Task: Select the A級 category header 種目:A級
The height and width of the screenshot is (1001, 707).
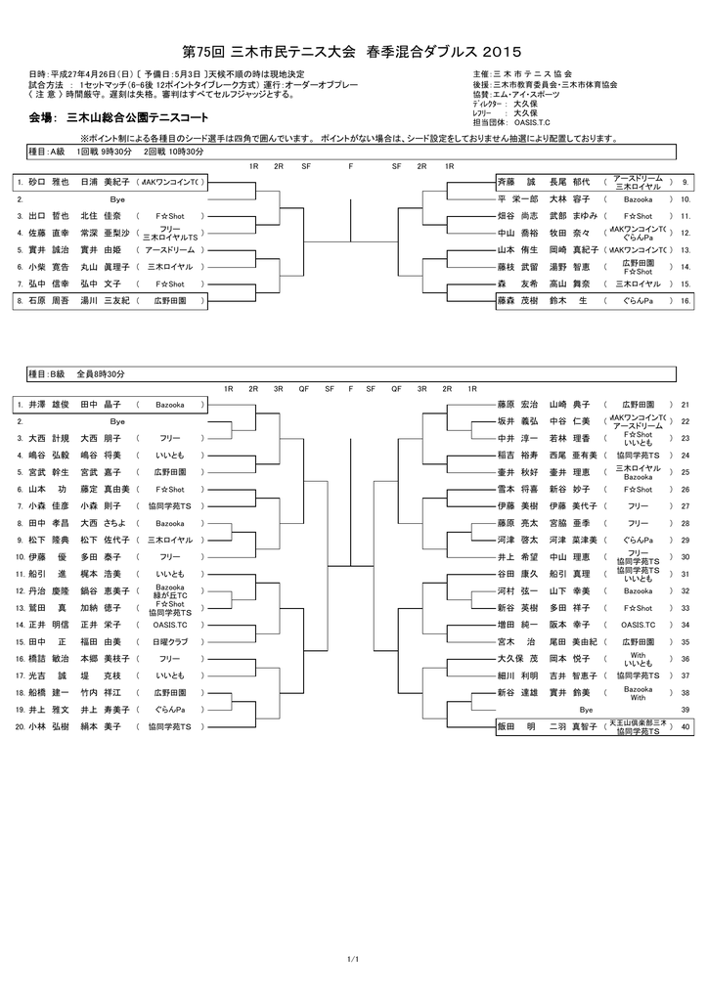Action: point(46,152)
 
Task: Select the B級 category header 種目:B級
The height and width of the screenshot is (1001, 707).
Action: point(46,374)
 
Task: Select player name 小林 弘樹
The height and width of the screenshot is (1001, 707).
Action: point(48,726)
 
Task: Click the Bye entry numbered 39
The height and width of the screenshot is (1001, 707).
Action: point(586,709)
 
